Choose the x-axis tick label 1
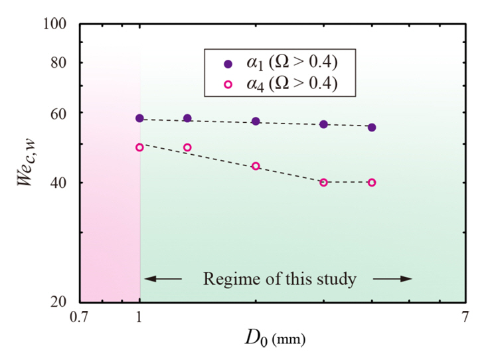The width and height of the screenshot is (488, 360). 139,317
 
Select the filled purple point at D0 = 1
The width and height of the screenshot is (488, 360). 139,118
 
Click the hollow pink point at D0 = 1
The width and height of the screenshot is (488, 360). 139,147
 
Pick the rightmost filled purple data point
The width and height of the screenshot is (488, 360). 372,127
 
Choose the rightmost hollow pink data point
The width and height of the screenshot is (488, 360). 372,183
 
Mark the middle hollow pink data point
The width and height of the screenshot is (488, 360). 256,166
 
